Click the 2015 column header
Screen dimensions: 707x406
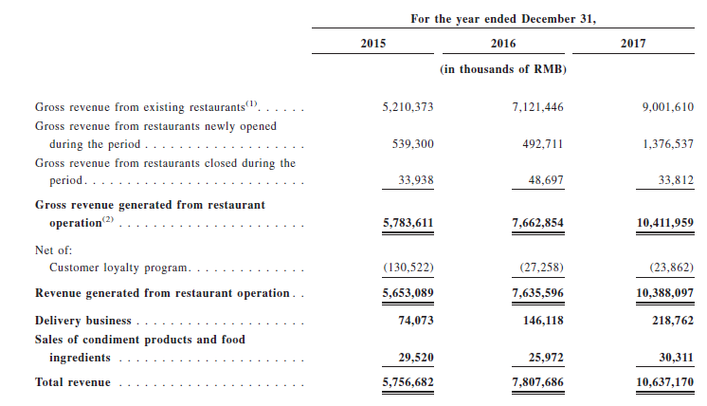tap(372, 44)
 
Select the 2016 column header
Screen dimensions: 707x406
tap(503, 44)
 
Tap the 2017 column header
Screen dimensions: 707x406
tap(633, 44)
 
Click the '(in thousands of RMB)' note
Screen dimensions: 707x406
tap(503, 69)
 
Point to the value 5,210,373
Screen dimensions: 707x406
tap(408, 107)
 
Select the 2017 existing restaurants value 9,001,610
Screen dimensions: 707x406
tap(668, 107)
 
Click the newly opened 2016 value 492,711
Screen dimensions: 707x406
tap(543, 144)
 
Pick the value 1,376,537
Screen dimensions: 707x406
tap(668, 144)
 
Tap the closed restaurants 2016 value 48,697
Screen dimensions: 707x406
tap(546, 180)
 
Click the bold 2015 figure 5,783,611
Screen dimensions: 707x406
tap(408, 223)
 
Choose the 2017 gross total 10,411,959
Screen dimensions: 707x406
tap(665, 223)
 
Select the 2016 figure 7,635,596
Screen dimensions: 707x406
tap(538, 293)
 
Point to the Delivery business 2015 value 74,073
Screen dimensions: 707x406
tap(416, 321)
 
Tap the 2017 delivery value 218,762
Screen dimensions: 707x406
tap(673, 321)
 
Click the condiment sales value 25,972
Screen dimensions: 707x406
tap(546, 358)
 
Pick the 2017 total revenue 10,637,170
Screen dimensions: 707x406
tap(665, 382)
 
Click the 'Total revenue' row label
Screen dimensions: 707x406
tap(73, 382)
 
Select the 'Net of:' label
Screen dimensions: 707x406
tap(54, 250)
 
